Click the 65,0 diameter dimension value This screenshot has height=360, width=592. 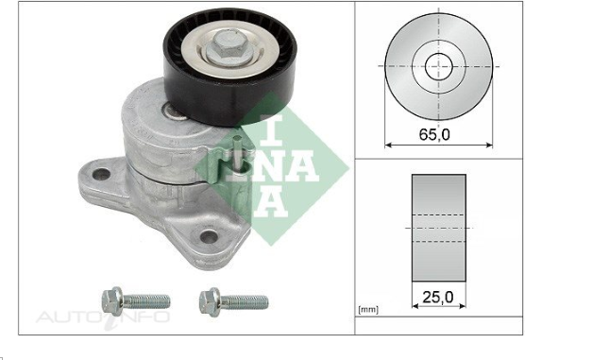[433, 134]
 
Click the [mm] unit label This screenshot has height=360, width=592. [369, 310]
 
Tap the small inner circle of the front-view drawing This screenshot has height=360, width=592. [439, 66]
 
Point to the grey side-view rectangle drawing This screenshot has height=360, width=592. [439, 228]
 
